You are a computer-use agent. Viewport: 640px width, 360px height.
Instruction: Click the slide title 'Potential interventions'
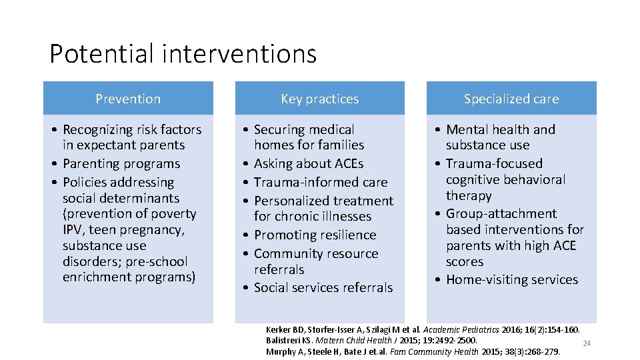183,53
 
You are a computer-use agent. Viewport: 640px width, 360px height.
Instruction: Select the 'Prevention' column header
128,99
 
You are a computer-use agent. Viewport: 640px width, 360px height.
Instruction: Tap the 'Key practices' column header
319,99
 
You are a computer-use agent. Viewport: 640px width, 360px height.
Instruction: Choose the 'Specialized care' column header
511,99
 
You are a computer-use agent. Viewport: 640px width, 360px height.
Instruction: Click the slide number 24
587,343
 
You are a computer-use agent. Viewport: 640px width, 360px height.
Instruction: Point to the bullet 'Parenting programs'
121,163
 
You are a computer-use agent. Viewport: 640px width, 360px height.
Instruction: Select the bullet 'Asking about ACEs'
308,163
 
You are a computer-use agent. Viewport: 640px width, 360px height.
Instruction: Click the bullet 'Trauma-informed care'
321,182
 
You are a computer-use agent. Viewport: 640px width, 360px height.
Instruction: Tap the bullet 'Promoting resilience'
315,235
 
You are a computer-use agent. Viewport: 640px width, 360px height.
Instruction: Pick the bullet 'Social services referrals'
323,287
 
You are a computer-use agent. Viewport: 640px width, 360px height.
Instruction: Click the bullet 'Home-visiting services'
512,279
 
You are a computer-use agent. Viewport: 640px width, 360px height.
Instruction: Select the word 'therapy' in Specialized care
469,195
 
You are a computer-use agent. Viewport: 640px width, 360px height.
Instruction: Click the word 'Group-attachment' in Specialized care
501,213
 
